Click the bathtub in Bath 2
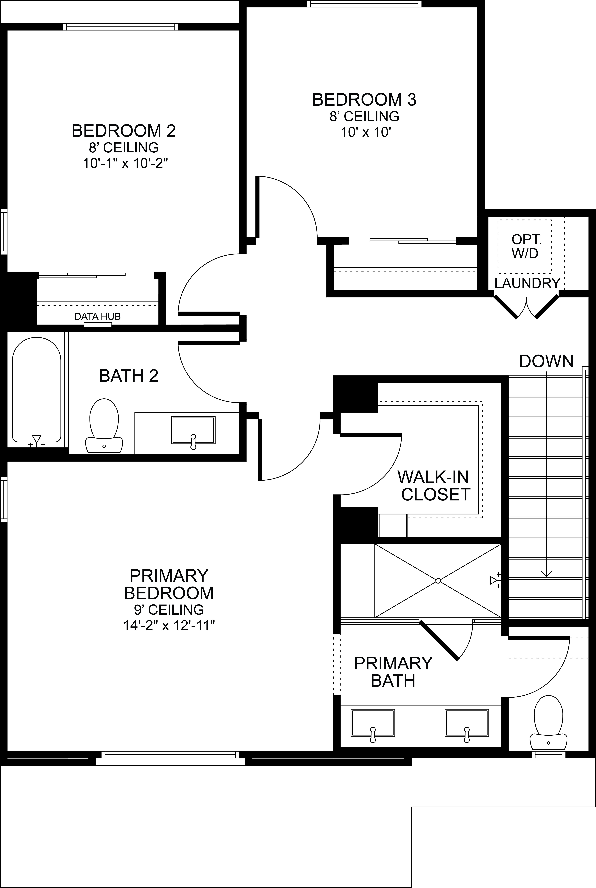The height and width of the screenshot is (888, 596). (37, 390)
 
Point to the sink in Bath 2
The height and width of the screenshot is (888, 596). (193, 430)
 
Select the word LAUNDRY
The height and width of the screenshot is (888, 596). (527, 283)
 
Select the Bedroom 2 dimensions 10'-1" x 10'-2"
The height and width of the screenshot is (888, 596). (125, 163)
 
